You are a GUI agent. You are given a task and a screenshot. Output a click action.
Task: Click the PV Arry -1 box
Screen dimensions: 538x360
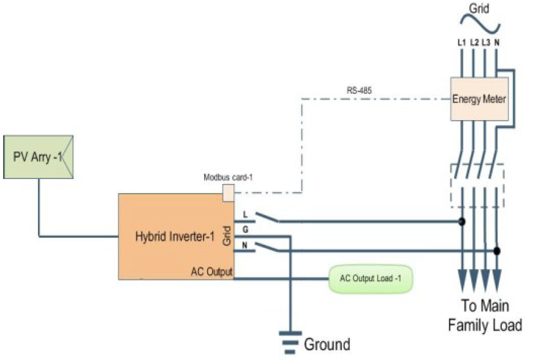(38, 157)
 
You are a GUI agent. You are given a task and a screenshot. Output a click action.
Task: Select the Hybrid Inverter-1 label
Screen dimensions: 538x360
(175, 236)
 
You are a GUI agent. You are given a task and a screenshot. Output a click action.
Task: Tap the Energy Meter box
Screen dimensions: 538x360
(479, 99)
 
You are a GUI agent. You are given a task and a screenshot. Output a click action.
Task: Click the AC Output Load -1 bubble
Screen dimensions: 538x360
(371, 278)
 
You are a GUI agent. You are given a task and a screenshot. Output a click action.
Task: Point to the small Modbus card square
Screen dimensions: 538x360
(229, 193)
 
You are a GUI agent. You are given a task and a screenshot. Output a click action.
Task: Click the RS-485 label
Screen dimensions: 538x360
(359, 90)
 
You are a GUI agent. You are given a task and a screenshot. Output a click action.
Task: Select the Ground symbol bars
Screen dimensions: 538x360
(290, 342)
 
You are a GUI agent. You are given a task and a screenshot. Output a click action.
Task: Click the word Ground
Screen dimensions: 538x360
(327, 344)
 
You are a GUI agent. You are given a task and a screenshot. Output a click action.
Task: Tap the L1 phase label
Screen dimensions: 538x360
(462, 42)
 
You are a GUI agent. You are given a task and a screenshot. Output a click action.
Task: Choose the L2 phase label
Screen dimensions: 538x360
(474, 42)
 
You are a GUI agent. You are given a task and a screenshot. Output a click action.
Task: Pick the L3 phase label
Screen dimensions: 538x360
(486, 42)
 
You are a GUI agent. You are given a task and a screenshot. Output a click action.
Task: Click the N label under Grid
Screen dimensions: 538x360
(496, 42)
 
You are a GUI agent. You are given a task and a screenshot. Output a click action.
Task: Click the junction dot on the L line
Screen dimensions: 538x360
(462, 221)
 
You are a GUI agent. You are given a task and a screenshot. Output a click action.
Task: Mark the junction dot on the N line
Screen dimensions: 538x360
(496, 251)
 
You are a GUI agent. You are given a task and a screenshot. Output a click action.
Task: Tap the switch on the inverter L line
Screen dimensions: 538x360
(267, 218)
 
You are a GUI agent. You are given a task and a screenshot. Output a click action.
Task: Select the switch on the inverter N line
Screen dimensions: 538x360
(267, 247)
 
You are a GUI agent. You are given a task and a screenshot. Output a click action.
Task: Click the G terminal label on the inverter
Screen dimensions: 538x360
(245, 229)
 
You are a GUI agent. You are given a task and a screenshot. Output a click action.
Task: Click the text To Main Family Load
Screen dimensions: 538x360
(485, 315)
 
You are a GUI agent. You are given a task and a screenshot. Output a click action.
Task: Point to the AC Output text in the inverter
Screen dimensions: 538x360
(211, 272)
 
